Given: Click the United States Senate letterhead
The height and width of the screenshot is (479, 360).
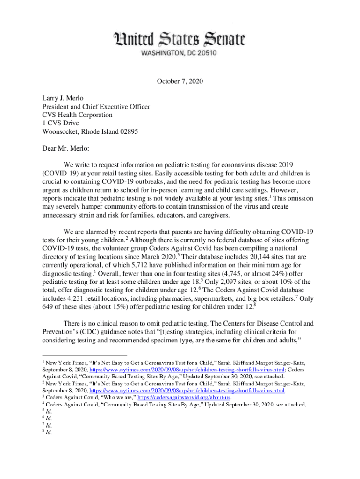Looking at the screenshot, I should [180, 39].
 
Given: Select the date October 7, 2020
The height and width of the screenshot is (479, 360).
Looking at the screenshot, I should [180, 81].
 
